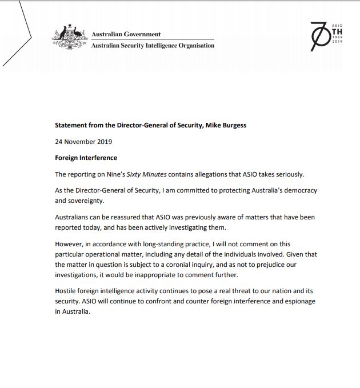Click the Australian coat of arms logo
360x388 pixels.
click(70, 38)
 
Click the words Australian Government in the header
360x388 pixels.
click(126, 34)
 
